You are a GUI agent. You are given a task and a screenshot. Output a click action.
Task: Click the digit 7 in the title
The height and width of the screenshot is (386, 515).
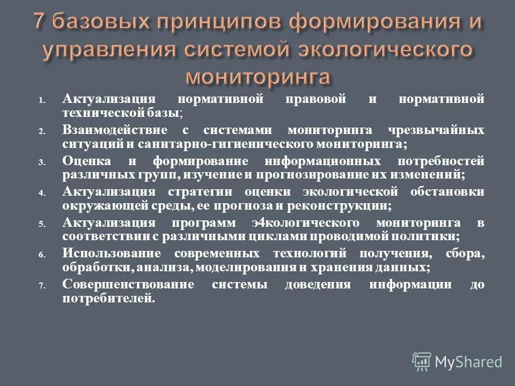(x=41, y=24)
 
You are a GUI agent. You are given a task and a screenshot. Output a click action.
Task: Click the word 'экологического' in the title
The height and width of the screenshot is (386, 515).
(x=383, y=49)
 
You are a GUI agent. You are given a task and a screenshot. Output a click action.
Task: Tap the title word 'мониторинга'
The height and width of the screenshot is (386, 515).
(x=257, y=76)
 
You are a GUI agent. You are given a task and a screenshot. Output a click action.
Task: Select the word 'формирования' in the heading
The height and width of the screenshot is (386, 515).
(x=361, y=24)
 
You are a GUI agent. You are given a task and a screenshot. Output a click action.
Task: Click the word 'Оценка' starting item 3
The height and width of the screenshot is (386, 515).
(x=87, y=161)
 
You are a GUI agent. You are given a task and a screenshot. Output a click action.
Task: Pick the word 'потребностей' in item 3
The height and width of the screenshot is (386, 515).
(x=444, y=161)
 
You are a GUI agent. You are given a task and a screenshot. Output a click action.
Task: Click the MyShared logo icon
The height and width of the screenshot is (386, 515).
(x=422, y=362)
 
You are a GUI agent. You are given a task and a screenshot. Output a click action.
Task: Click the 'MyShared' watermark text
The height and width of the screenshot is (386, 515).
(x=469, y=362)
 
